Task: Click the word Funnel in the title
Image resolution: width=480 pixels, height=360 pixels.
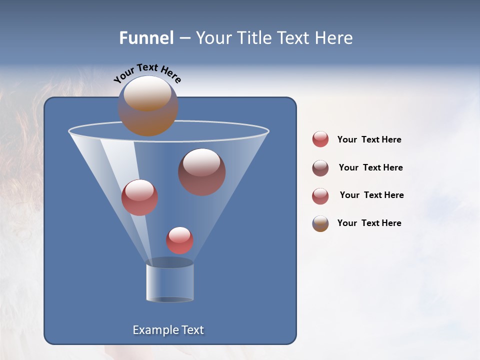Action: tap(146, 38)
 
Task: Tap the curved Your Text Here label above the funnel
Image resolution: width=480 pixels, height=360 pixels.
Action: tap(147, 73)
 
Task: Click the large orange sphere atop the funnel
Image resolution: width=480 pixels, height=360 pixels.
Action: tap(148, 106)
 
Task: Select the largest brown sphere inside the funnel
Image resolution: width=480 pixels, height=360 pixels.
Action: tap(202, 172)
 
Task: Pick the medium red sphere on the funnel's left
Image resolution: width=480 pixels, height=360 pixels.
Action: tap(139, 197)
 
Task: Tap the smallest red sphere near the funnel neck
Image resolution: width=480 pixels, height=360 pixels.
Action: tap(179, 240)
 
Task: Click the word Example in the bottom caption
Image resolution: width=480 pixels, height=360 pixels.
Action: tap(155, 330)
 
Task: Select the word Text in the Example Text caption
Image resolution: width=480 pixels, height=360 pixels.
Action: tap(191, 330)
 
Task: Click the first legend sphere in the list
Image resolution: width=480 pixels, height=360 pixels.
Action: tap(320, 139)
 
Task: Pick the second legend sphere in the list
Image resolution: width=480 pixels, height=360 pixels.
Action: tap(320, 168)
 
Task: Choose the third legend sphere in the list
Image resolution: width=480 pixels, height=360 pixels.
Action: tap(320, 196)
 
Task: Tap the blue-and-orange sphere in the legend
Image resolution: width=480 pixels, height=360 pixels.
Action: tap(320, 223)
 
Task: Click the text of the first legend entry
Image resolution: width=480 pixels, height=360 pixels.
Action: tap(369, 139)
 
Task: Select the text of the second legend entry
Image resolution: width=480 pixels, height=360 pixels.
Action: tap(370, 167)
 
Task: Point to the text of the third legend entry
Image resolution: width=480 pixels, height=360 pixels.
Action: tap(371, 195)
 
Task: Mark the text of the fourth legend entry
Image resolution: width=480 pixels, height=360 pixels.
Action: tap(369, 223)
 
